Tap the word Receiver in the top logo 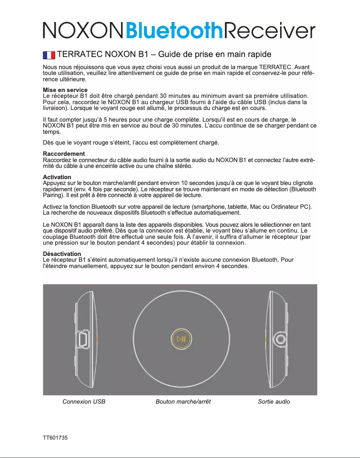[x=269, y=31]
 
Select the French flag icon [x=48, y=55]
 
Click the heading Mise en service [x=65, y=90]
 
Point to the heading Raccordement [x=63, y=154]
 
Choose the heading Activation [x=57, y=177]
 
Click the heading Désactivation [x=61, y=254]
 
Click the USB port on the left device [x=84, y=339]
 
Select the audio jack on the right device [x=280, y=339]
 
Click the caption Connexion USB [x=84, y=401]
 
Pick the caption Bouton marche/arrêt [x=183, y=401]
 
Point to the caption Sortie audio [x=274, y=401]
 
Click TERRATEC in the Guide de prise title [x=80, y=55]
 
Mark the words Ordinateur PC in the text [x=292, y=206]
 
